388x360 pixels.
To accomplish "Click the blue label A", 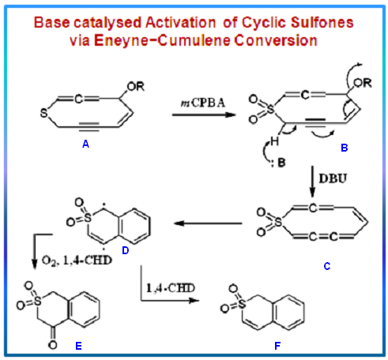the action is click(85, 144).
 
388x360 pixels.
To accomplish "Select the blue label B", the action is click(345, 148).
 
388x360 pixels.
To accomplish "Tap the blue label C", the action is click(327, 267).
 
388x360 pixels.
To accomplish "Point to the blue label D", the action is click(126, 250).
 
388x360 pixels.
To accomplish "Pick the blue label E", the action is click(78, 346).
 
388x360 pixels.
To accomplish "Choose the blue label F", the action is click(277, 346).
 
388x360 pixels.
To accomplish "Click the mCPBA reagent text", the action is click(202, 103).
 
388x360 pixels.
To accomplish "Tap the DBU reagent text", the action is click(333, 178).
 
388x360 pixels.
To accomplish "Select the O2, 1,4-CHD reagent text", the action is click(77, 261).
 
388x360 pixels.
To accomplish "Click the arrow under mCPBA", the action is click(204, 114).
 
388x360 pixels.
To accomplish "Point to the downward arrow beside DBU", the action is click(312, 182).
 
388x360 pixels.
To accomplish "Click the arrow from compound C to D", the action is click(208, 223).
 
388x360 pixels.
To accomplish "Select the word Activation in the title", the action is click(180, 23).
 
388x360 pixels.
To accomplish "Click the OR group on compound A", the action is click(136, 86).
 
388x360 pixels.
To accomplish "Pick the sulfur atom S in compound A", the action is click(43, 113).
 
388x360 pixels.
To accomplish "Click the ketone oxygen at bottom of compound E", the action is click(53, 345).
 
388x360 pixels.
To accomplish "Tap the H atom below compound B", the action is click(274, 141).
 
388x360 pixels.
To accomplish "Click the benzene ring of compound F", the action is click(289, 313).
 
